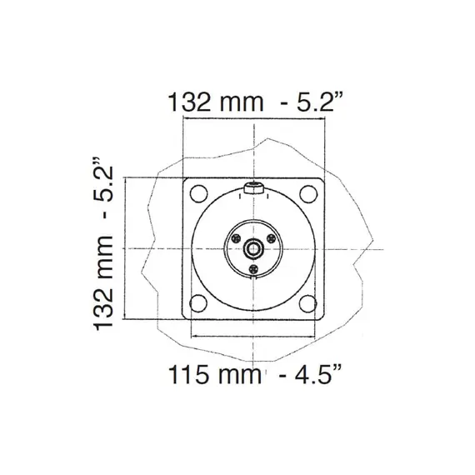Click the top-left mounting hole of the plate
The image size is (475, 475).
pos(198,194)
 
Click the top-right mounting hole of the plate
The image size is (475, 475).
pos(308,194)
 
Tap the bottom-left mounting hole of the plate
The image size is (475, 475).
pos(198,303)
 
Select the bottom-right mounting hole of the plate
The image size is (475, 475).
pos(308,303)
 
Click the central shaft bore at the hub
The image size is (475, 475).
pos(253,248)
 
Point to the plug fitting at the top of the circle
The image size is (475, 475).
pos(253,190)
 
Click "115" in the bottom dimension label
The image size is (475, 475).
pos(190,375)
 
